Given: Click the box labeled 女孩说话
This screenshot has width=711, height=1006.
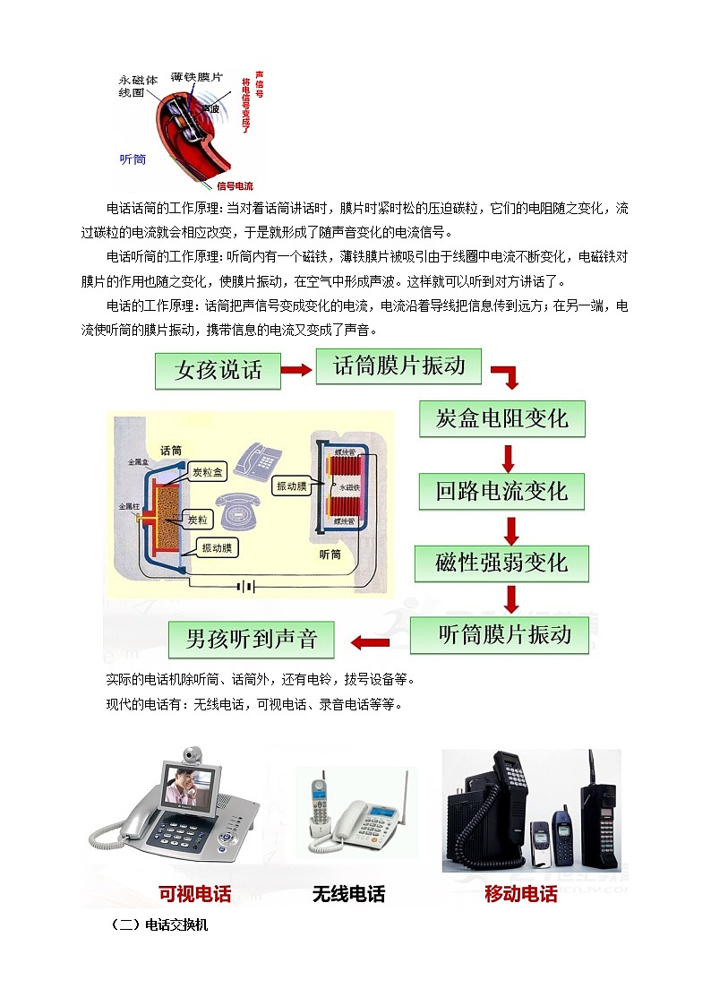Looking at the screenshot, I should point(218,370).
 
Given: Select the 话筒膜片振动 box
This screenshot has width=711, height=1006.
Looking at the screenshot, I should point(398,365).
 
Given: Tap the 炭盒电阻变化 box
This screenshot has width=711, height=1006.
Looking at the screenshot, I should point(502,418).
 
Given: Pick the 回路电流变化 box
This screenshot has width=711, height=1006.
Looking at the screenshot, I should point(501,491).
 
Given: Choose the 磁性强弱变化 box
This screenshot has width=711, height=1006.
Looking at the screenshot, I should point(501,563).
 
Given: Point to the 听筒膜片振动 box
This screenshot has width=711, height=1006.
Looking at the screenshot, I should point(504,634).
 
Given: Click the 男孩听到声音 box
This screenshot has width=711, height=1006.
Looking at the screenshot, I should point(252,639).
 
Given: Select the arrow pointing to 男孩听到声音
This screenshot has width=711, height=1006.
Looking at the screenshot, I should point(369,641).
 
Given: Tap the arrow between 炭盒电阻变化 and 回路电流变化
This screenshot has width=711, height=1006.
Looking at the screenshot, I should point(508,456).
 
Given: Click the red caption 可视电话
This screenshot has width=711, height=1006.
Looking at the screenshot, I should point(194,893).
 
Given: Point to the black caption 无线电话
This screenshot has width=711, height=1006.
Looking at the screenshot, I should point(349,893).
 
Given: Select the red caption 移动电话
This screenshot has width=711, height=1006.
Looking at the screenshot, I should point(521,893).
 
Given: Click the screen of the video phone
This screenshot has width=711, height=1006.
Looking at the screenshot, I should point(190,783).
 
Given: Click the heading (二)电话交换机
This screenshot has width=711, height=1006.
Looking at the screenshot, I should point(158,924).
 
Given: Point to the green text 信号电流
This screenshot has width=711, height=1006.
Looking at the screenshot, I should point(235,186).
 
